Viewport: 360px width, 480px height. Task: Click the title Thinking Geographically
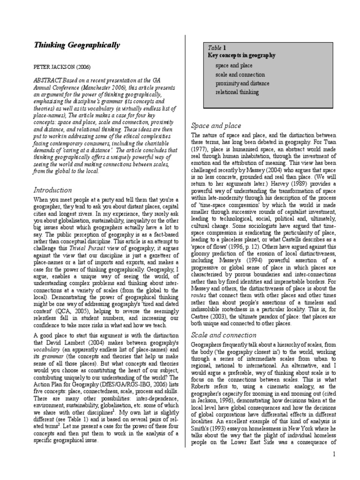tap(76, 45)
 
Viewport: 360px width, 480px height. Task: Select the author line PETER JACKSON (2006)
tap(62, 67)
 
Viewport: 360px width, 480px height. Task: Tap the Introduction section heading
tap(52, 190)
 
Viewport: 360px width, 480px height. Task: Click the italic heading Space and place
tap(216, 126)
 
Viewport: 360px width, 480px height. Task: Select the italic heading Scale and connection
tap(224, 335)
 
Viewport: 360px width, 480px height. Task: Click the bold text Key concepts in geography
tap(241, 55)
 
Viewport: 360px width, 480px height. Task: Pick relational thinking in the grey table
tap(237, 92)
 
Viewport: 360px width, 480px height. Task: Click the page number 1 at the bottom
tap(334, 454)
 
